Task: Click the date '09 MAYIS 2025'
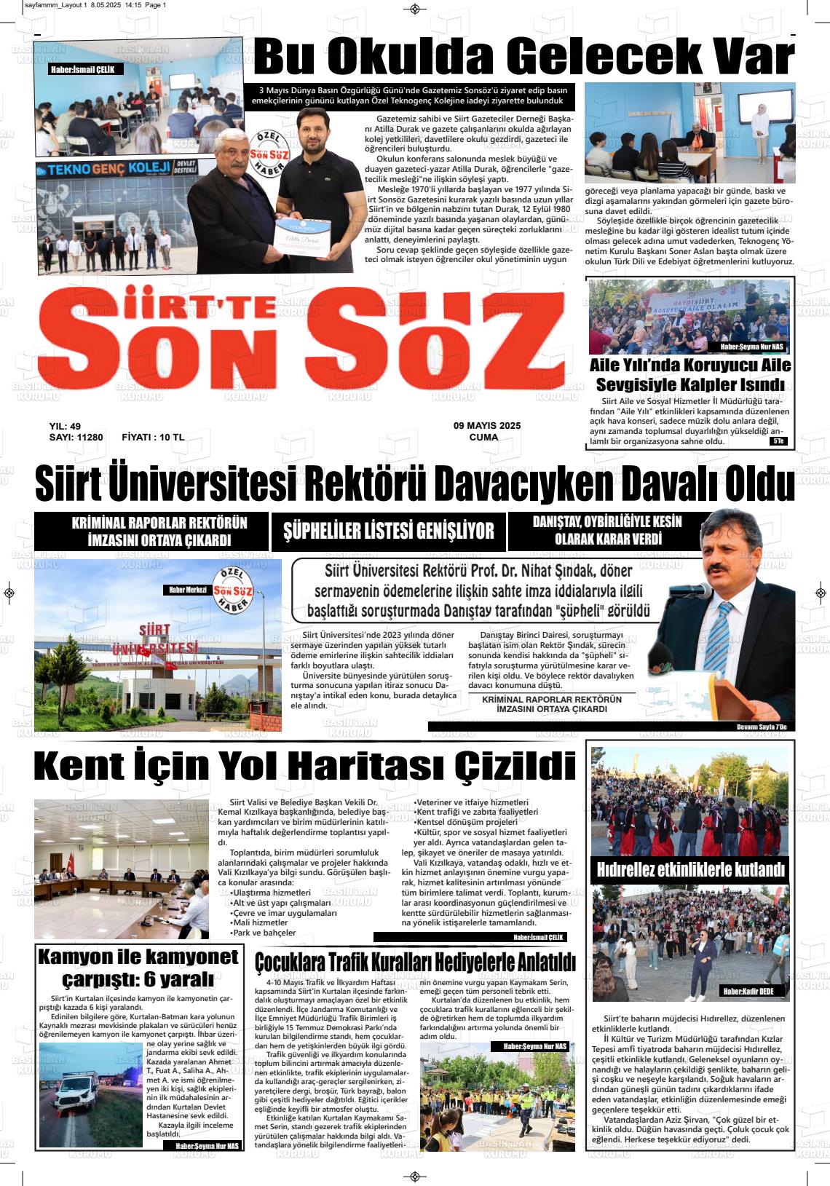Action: pyautogui.click(x=487, y=426)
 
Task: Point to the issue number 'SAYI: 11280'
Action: pyautogui.click(x=76, y=438)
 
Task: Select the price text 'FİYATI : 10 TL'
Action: pyautogui.click(x=153, y=438)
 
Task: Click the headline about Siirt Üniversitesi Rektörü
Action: pyautogui.click(x=414, y=485)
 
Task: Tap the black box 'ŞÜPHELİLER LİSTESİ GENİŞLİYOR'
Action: pyautogui.click(x=388, y=531)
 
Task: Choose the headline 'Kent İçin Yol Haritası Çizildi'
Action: pyautogui.click(x=304, y=767)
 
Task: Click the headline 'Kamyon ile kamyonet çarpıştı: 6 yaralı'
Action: pyautogui.click(x=138, y=967)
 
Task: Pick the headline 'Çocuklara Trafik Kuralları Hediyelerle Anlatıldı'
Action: pyautogui.click(x=415, y=962)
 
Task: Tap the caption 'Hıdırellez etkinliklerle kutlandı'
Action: pyautogui.click(x=690, y=869)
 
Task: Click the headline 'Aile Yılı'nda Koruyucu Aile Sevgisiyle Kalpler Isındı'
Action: pyautogui.click(x=689, y=375)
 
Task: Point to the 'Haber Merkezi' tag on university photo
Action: pyautogui.click(x=188, y=590)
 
